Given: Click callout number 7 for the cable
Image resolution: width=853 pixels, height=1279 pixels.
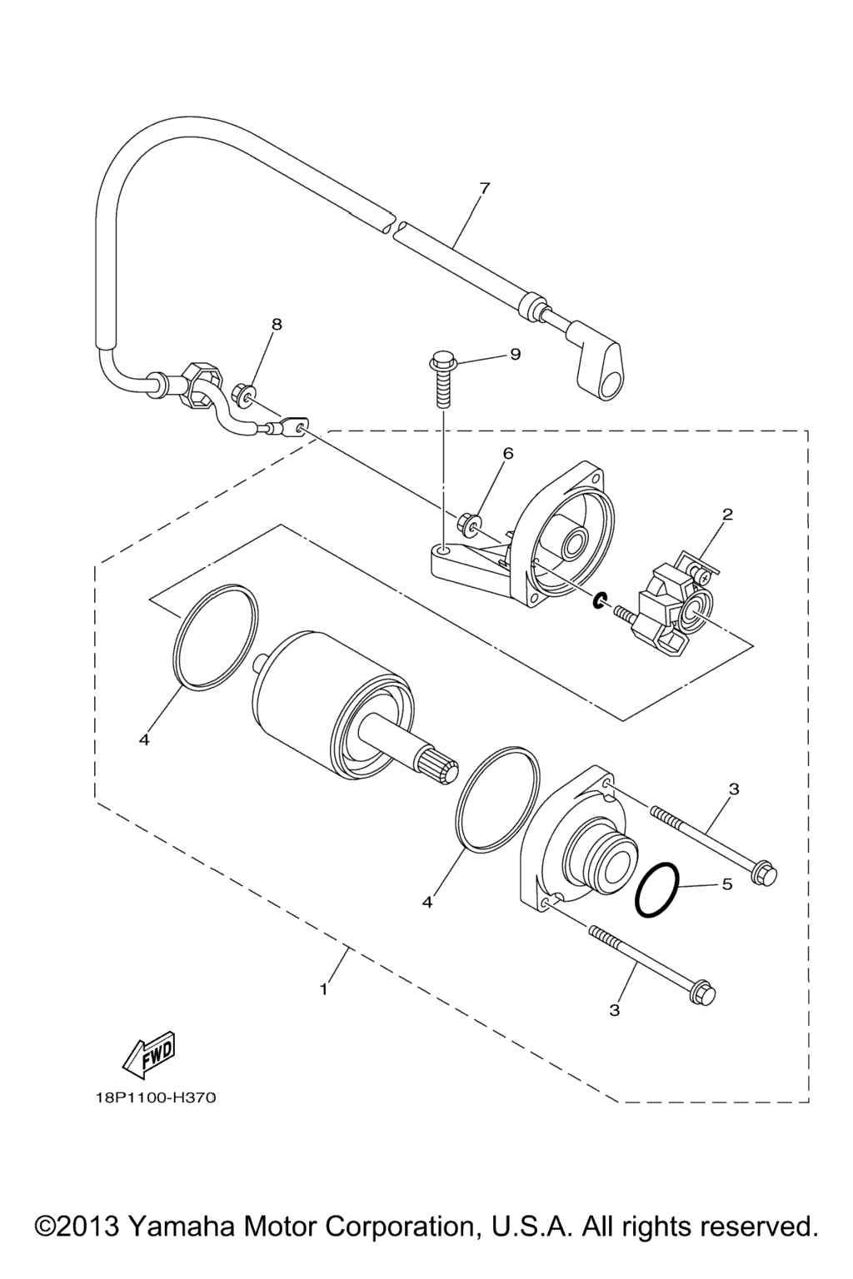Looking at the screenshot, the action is [484, 188].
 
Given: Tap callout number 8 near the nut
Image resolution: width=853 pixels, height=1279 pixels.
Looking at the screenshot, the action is [277, 324].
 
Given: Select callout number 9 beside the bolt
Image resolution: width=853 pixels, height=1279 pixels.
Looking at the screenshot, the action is [516, 355].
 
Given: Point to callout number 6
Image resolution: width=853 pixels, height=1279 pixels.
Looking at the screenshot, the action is [508, 453].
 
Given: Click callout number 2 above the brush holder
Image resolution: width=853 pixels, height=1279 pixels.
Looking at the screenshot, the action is [726, 514].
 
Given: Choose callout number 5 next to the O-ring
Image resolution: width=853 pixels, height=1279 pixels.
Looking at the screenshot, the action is [726, 883].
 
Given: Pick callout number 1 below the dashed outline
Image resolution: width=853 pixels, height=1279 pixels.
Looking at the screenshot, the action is [324, 989].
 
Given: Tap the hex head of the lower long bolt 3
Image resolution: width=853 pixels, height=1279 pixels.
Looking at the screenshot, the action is [702, 994].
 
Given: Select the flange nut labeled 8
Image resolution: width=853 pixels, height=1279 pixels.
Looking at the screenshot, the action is [242, 394].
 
